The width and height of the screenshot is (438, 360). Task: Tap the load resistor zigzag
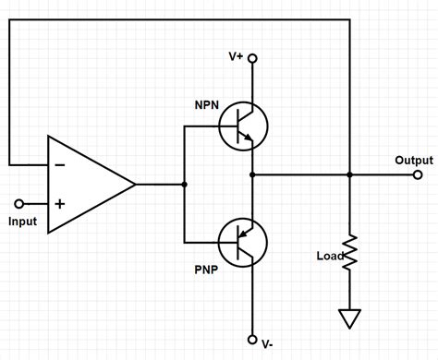tap(349, 251)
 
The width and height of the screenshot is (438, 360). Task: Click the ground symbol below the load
tap(349, 318)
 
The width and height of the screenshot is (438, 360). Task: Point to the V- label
tap(266, 343)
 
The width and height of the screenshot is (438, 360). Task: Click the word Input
tap(22, 222)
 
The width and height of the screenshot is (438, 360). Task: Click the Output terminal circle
tap(419, 174)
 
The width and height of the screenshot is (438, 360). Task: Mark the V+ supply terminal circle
tap(252, 58)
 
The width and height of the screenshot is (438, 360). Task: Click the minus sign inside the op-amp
tap(60, 165)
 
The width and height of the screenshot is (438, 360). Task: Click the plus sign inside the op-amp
tap(60, 202)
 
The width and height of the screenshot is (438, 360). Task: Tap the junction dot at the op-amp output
tap(184, 184)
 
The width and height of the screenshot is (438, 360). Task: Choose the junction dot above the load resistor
tap(349, 174)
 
